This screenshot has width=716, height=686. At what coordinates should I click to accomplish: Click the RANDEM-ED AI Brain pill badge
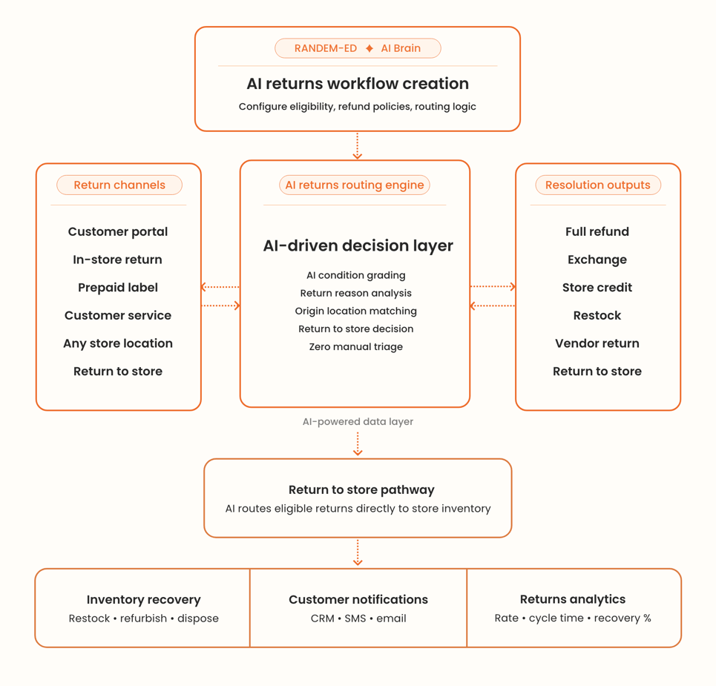coord(358,48)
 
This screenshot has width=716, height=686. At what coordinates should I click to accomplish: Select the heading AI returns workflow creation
coord(358,84)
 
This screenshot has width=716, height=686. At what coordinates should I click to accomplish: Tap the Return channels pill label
coord(119,185)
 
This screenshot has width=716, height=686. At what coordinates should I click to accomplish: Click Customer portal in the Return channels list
coord(118,231)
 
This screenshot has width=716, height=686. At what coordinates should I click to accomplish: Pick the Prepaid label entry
coord(118,287)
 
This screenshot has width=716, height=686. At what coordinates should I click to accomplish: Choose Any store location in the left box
coord(118,343)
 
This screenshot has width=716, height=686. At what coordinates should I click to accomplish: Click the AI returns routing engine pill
coord(355,185)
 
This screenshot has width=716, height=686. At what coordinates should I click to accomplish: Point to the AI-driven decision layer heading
coord(358,245)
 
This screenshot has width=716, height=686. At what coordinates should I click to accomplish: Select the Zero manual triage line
coord(356,346)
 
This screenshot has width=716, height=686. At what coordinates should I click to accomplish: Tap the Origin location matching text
coord(356,311)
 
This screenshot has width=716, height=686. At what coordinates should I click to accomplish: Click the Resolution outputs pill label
coord(597,185)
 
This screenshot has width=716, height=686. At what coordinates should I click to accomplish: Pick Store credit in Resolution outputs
coord(597,287)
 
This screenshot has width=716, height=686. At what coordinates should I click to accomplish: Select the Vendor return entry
coord(597,343)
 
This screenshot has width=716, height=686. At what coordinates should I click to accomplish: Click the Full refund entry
coord(597,231)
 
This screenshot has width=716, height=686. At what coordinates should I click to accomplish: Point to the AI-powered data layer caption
coord(358,421)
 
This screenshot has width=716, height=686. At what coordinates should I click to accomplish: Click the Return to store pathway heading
coord(361,489)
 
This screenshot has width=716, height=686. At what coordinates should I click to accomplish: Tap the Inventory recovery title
coord(143,599)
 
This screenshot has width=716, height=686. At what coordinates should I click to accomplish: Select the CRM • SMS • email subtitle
coord(358,618)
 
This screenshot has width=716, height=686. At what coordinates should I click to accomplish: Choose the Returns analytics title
coord(573,598)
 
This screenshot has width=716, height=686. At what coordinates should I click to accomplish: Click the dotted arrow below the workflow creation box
coord(358,146)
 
